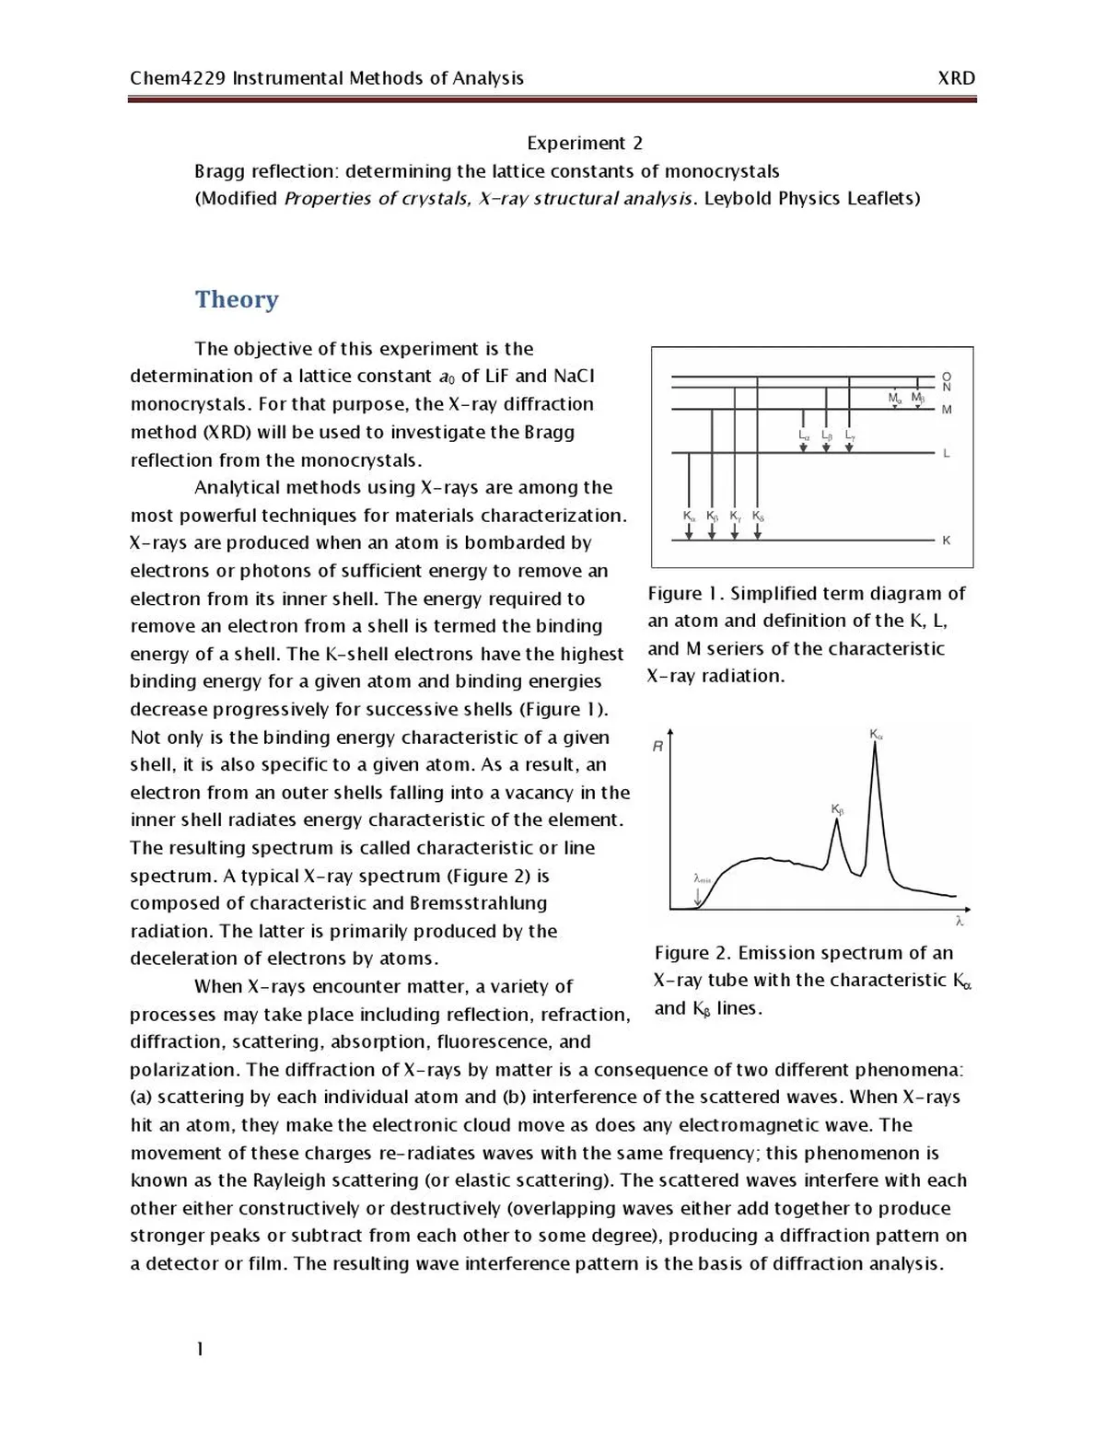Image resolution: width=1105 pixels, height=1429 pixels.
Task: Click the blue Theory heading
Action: [237, 299]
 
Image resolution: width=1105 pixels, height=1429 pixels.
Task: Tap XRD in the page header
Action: [956, 78]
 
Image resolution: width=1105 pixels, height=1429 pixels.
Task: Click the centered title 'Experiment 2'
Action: [585, 143]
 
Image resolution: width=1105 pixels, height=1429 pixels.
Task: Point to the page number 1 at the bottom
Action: [200, 1349]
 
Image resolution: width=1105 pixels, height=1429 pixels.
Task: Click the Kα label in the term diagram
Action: [690, 516]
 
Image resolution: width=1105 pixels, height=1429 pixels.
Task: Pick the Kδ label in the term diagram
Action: [758, 516]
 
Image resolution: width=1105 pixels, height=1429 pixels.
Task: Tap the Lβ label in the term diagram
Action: [827, 435]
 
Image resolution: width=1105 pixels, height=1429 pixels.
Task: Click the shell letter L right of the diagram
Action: [947, 453]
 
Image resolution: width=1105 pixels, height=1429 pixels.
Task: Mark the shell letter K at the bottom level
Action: [947, 540]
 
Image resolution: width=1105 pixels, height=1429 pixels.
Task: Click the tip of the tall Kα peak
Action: [875, 744]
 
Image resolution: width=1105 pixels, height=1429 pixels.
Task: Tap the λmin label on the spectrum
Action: [702, 879]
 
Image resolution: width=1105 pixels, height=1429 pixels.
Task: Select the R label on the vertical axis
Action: [657, 747]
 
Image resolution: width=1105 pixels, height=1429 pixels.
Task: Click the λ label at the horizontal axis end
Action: [960, 921]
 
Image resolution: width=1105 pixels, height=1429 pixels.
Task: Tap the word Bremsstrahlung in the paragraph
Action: [478, 903]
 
